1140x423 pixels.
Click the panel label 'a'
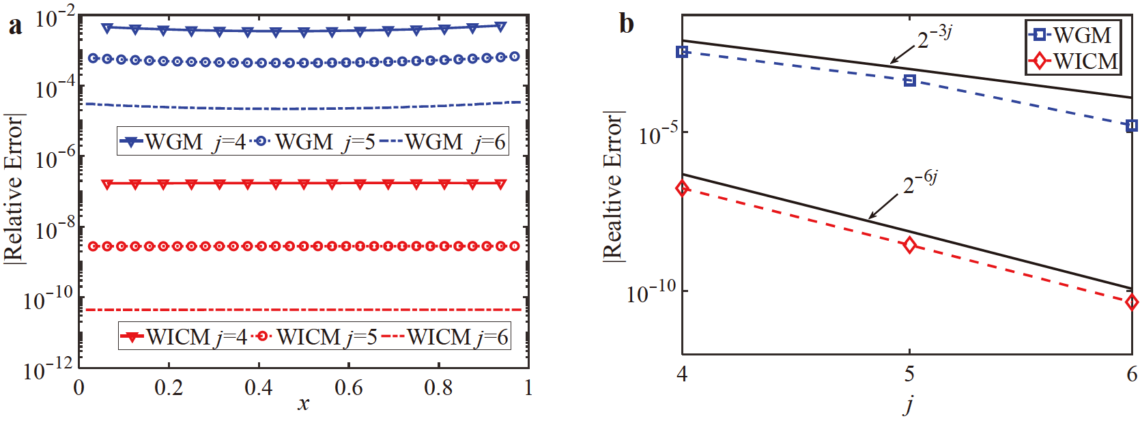click(15, 25)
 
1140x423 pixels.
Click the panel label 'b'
click(626, 24)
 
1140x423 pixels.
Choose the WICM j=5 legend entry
click(315, 337)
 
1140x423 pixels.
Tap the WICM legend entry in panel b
click(1074, 61)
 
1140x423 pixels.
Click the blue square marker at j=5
click(909, 81)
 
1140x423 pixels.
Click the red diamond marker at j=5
click(909, 245)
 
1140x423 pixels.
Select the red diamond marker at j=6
click(1132, 302)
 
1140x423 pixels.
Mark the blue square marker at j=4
click(682, 52)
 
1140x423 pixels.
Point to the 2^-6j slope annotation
click(920, 182)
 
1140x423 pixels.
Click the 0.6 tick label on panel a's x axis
click(348, 388)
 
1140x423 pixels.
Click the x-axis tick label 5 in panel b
click(909, 374)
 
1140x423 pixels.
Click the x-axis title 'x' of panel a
click(303, 404)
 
